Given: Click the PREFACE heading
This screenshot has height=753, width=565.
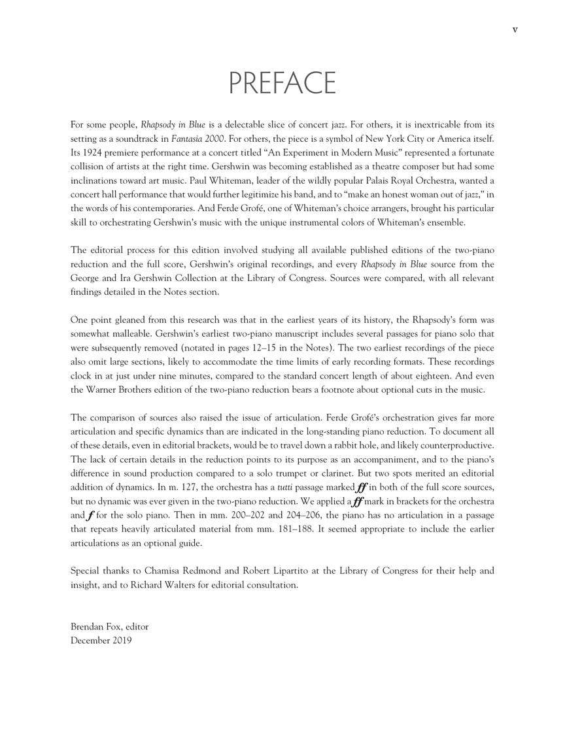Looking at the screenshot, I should [x=282, y=84].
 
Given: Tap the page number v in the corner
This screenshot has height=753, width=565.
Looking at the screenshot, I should [x=515, y=29].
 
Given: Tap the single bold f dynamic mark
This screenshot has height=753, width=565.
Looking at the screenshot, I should [x=89, y=515].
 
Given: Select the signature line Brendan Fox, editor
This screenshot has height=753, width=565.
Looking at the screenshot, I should [x=109, y=626].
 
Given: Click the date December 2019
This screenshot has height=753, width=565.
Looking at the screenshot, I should [x=101, y=640].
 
